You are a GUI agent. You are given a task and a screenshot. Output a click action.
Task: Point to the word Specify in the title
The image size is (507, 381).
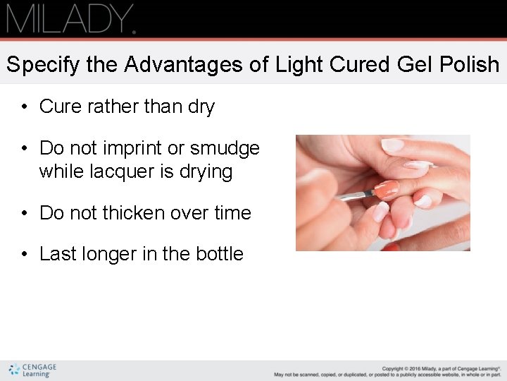[43, 65]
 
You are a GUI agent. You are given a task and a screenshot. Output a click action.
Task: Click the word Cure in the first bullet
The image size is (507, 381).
[57, 107]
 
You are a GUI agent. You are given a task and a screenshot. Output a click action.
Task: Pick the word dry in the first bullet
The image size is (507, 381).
[201, 107]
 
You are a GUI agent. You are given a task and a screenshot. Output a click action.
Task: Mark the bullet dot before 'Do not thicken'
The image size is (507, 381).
[24, 213]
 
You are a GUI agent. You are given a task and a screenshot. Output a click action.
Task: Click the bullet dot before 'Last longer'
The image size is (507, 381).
[24, 255]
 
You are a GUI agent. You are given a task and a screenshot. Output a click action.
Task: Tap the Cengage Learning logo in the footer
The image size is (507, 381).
[32, 370]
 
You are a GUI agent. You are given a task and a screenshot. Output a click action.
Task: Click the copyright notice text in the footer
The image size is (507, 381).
[387, 370]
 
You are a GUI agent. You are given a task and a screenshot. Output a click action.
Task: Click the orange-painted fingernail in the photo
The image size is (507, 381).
[387, 189]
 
